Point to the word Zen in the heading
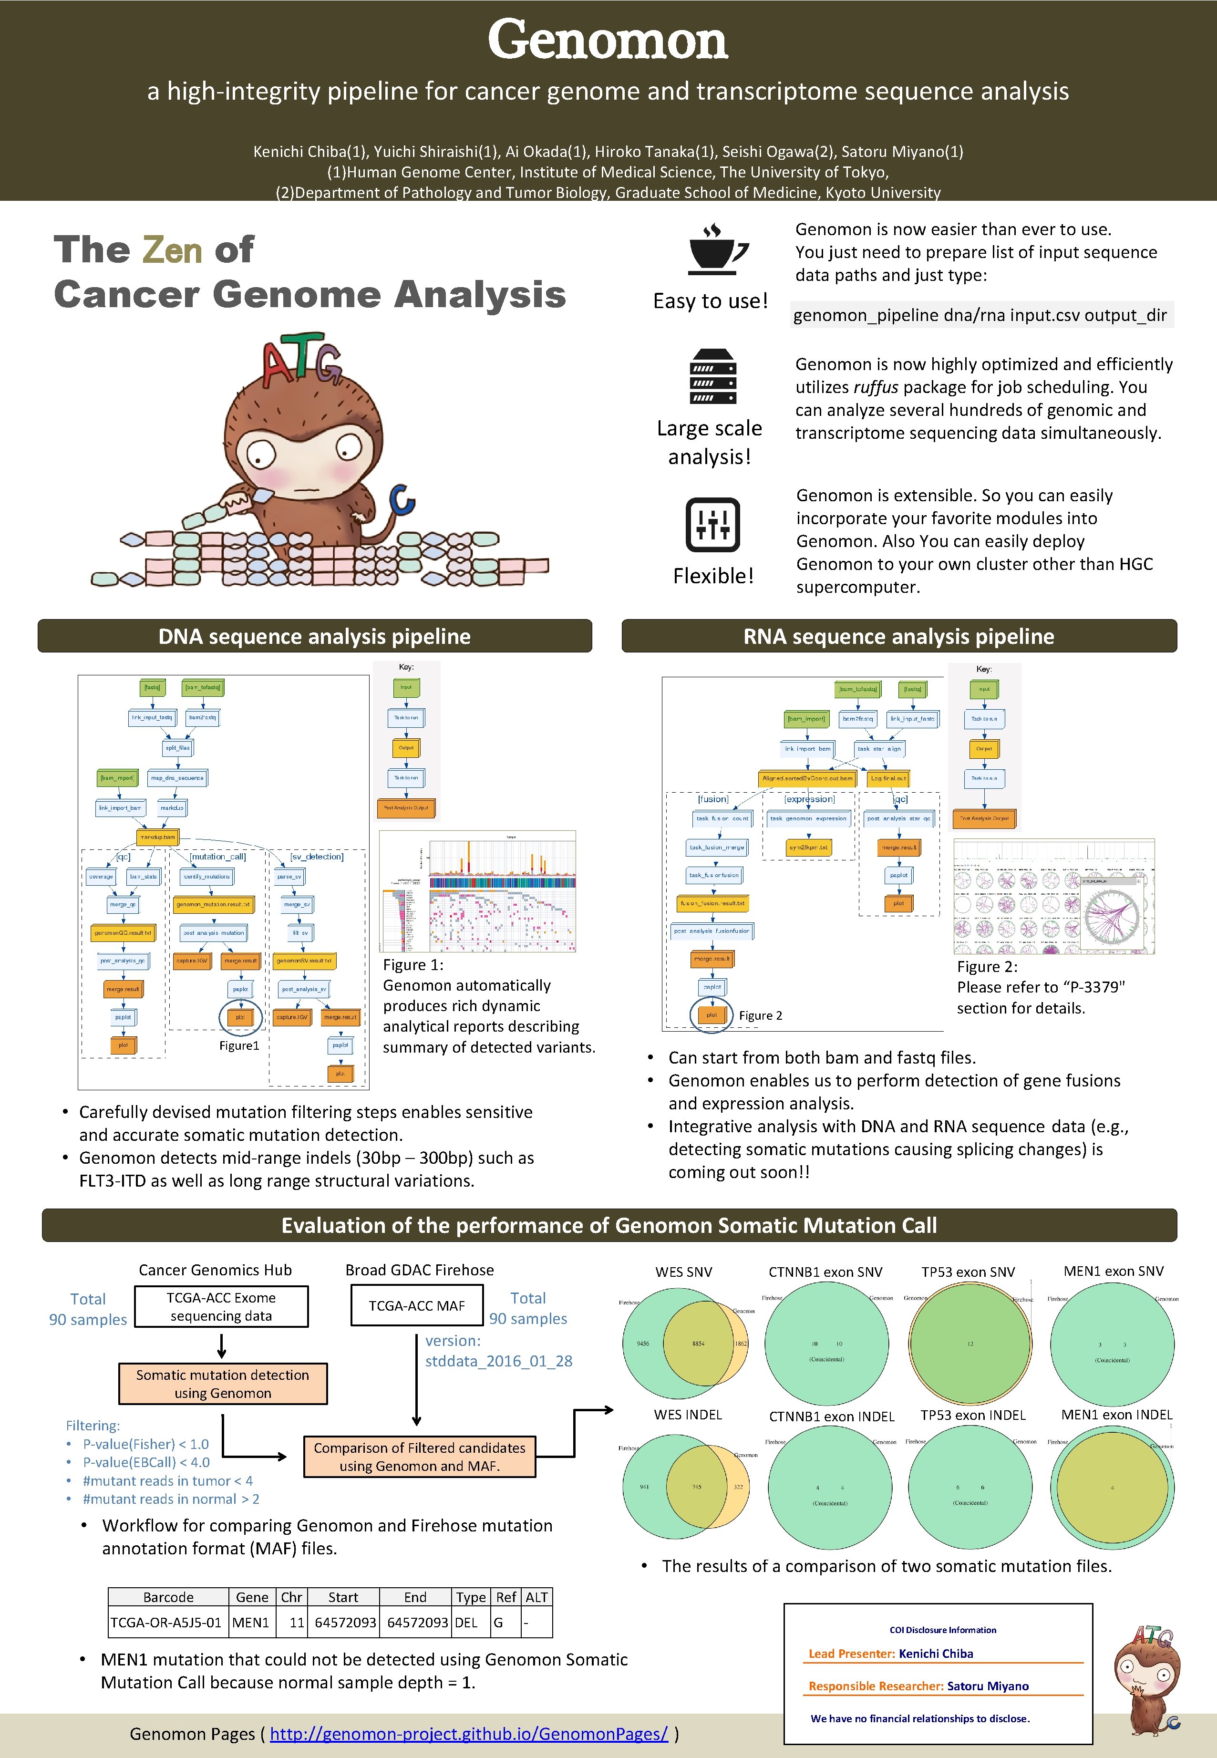[172, 250]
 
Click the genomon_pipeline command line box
[980, 315]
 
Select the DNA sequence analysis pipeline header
[314, 636]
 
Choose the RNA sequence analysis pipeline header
[898, 636]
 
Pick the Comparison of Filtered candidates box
[419, 1457]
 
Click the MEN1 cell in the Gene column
[251, 1622]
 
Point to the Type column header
[471, 1597]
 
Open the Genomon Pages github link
[469, 1734]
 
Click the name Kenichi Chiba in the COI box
[936, 1654]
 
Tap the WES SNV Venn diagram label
[683, 1272]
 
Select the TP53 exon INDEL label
[972, 1415]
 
